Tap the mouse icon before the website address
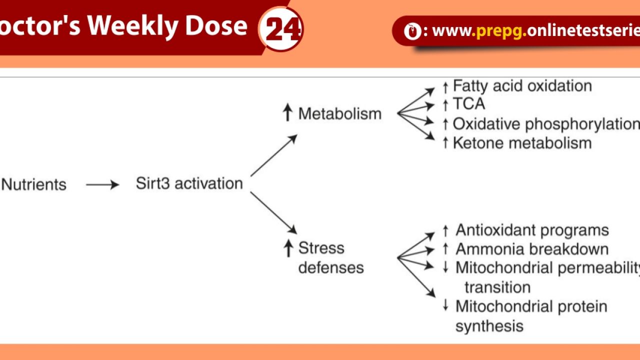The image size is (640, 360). coord(412,31)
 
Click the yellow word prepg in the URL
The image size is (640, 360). coord(499,31)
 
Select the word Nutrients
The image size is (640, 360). coord(34,184)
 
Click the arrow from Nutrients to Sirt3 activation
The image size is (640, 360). coord(102,185)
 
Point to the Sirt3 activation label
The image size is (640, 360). coord(189,183)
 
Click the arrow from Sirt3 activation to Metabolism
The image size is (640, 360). coord(274,155)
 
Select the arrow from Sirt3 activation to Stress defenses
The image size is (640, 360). coord(273,213)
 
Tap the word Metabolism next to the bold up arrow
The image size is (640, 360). coord(340,113)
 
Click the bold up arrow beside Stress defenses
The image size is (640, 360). coord(288,248)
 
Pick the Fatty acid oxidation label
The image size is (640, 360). coord(522,86)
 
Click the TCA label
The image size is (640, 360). coord(469,103)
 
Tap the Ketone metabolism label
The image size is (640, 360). coord(522,143)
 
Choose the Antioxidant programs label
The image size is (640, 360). coord(532,230)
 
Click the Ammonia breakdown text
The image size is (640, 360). coord(532,249)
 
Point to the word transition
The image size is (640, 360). coord(497,287)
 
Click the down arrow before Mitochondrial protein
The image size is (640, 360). coord(445,305)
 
